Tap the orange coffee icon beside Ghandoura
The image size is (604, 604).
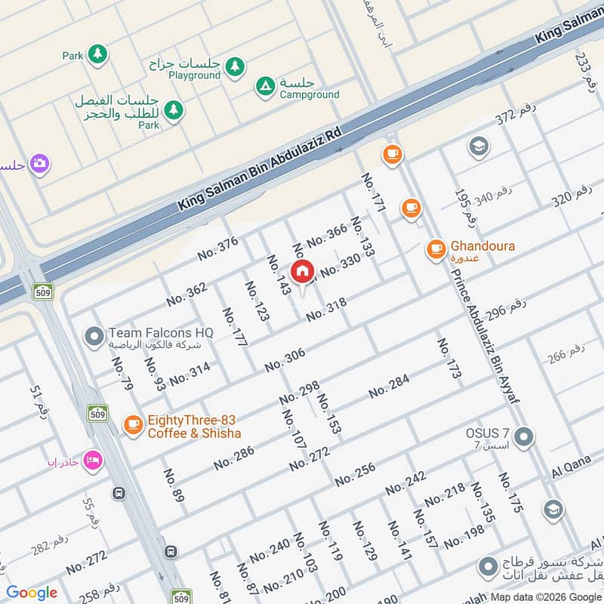pyautogui.click(x=436, y=248)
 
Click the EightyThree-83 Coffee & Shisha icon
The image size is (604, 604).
pyautogui.click(x=133, y=426)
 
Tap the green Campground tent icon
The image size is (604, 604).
pyautogui.click(x=264, y=87)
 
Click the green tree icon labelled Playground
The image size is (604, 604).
pyautogui.click(x=235, y=66)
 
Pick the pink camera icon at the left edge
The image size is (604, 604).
pyautogui.click(x=39, y=163)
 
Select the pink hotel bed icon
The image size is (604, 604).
pyautogui.click(x=92, y=460)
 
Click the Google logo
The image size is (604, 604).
pyautogui.click(x=32, y=593)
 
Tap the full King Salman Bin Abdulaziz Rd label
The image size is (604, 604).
pyautogui.click(x=260, y=168)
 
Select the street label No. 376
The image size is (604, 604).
pyautogui.click(x=217, y=248)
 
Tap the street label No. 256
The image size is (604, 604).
pyautogui.click(x=355, y=474)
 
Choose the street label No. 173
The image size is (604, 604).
pyautogui.click(x=448, y=358)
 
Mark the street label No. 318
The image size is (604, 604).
pyautogui.click(x=326, y=309)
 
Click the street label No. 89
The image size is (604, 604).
pyautogui.click(x=174, y=485)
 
